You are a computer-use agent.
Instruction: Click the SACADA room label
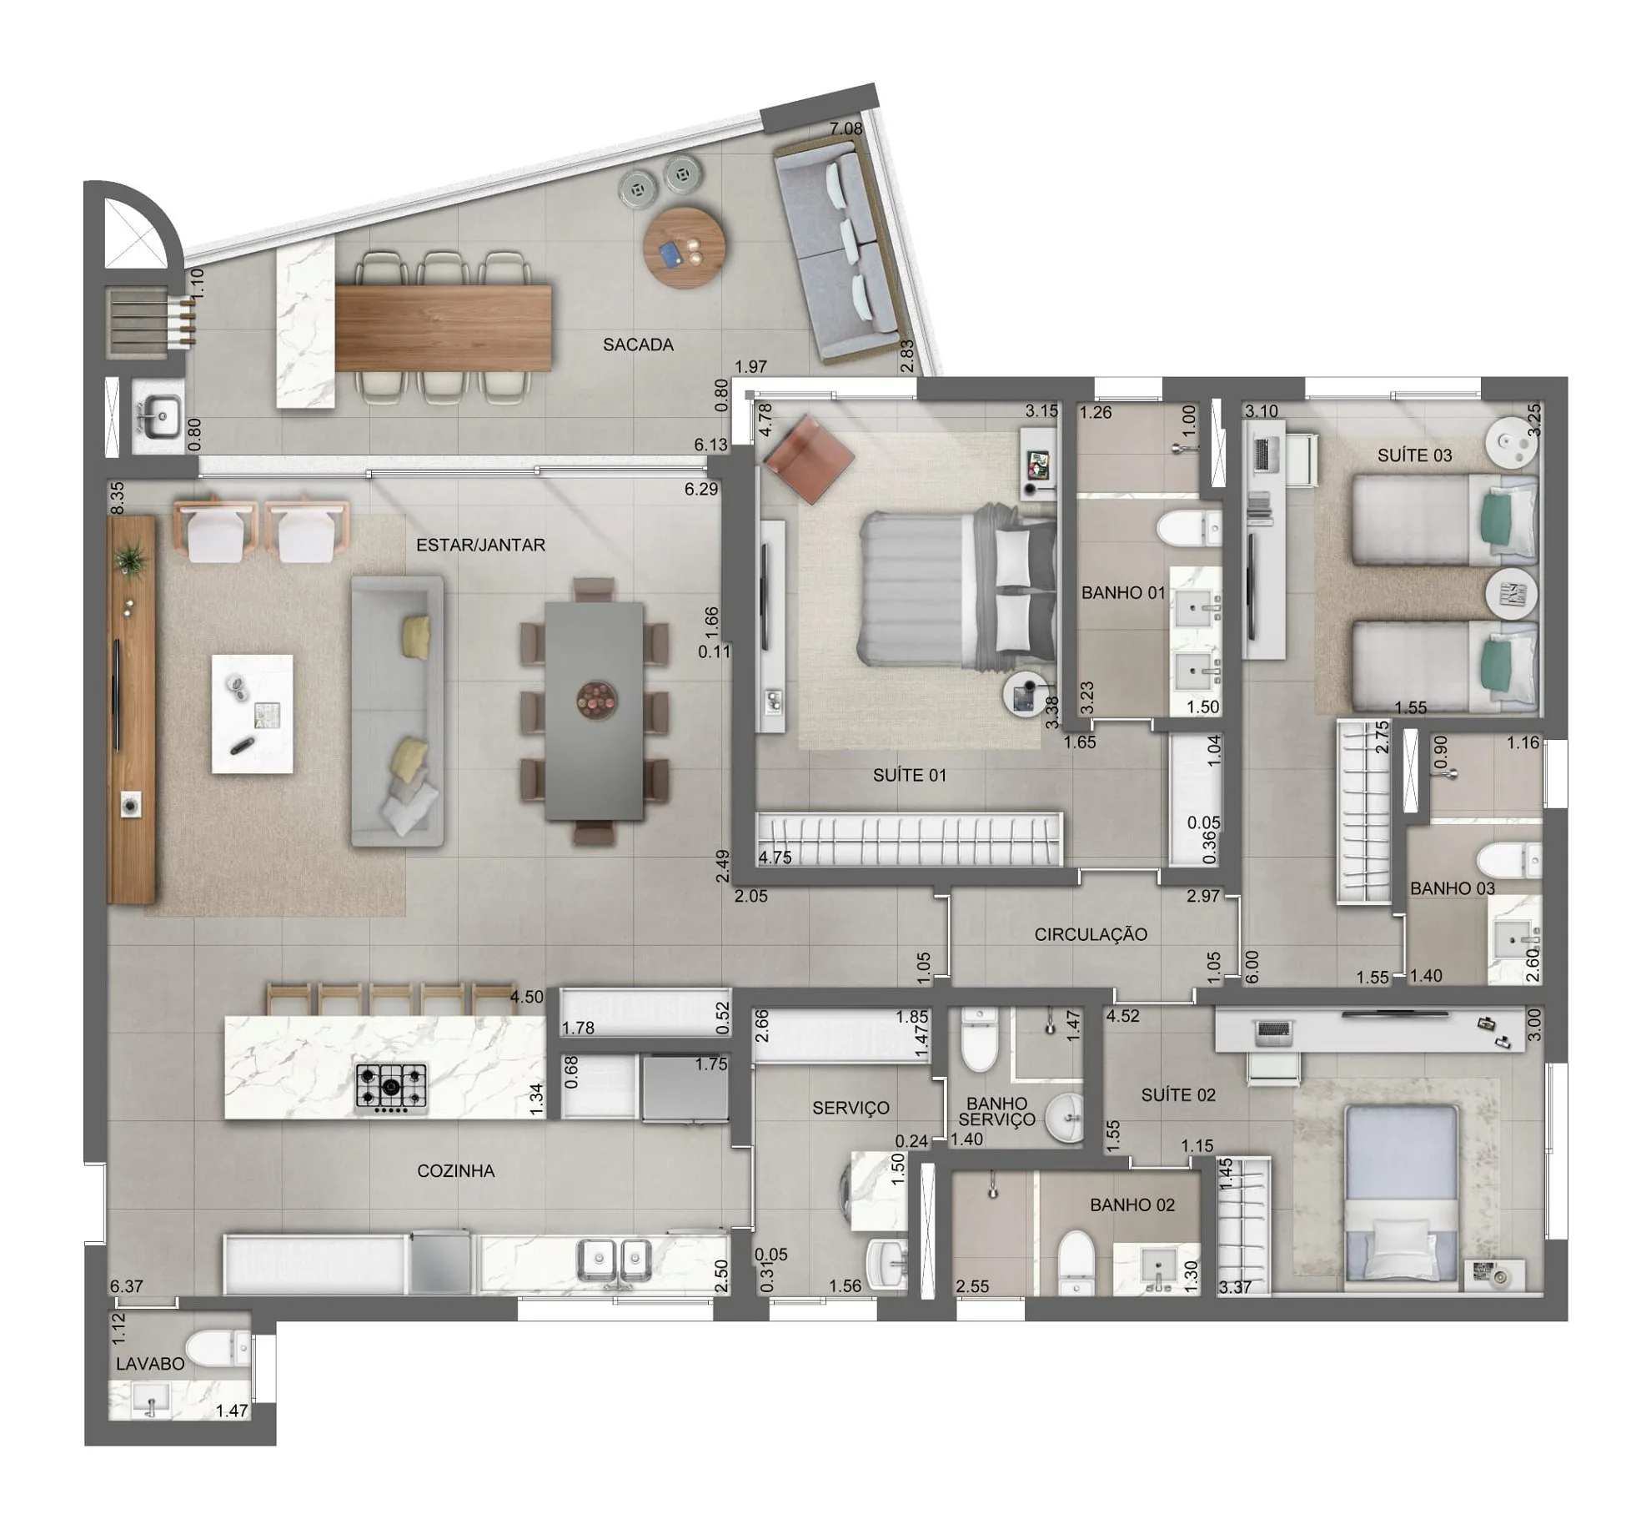pos(638,344)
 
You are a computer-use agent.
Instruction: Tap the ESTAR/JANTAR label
pos(480,545)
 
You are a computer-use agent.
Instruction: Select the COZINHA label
pos(455,1171)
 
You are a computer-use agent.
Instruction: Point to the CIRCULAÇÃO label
pos(1091,934)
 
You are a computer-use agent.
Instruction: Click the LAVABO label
pos(150,1364)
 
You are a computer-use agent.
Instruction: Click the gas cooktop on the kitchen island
pos(391,1088)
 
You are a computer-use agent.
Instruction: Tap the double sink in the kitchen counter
pos(615,1260)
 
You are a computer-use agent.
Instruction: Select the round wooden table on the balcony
pos(685,248)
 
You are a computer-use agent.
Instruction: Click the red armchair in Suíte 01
pos(810,458)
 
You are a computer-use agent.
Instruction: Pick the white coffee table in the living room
pos(252,713)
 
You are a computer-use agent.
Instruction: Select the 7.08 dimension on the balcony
pos(846,128)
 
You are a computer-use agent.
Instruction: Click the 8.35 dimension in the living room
pos(118,497)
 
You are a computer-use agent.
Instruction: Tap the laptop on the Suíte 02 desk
pos(1272,1034)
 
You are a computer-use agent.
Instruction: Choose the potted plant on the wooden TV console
pos(132,557)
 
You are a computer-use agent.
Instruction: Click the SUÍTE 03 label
pos(1414,455)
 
